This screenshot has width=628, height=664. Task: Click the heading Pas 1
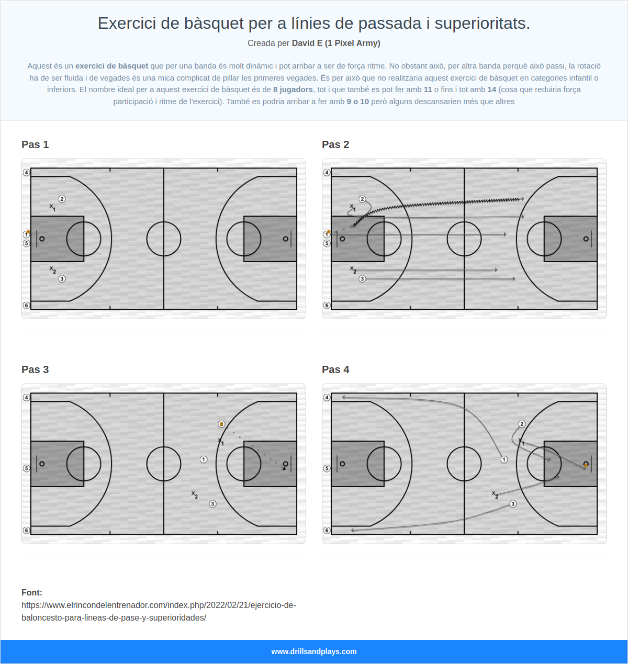pyautogui.click(x=35, y=144)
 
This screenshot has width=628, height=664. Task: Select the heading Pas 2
pyautogui.click(x=335, y=144)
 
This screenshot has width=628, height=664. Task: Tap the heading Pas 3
pyautogui.click(x=35, y=369)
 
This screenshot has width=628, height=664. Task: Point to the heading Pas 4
pyautogui.click(x=335, y=369)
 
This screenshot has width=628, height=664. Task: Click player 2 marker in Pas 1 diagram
pyautogui.click(x=62, y=199)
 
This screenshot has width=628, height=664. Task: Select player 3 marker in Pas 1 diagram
pyautogui.click(x=62, y=279)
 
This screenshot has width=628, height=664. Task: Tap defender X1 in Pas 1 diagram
pyautogui.click(x=52, y=207)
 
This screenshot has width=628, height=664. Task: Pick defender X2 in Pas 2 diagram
pyautogui.click(x=353, y=270)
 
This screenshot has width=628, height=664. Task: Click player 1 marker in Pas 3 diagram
pyautogui.click(x=204, y=459)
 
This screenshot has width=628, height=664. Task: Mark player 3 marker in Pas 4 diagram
pyautogui.click(x=513, y=504)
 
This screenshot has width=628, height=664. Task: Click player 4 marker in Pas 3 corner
pyautogui.click(x=26, y=397)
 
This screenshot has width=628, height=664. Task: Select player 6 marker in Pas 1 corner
pyautogui.click(x=26, y=306)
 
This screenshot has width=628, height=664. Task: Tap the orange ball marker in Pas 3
pyautogui.click(x=221, y=424)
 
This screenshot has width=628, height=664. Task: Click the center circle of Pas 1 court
pyautogui.click(x=164, y=222)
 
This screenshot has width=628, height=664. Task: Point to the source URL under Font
pyautogui.click(x=159, y=611)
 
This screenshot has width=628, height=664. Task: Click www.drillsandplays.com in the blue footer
pyautogui.click(x=314, y=651)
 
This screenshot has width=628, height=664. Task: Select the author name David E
pyautogui.click(x=307, y=43)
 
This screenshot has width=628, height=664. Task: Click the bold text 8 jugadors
pyautogui.click(x=293, y=89)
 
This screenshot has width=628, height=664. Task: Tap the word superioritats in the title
pyautogui.click(x=482, y=24)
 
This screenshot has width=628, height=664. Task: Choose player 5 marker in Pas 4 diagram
pyautogui.click(x=327, y=468)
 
